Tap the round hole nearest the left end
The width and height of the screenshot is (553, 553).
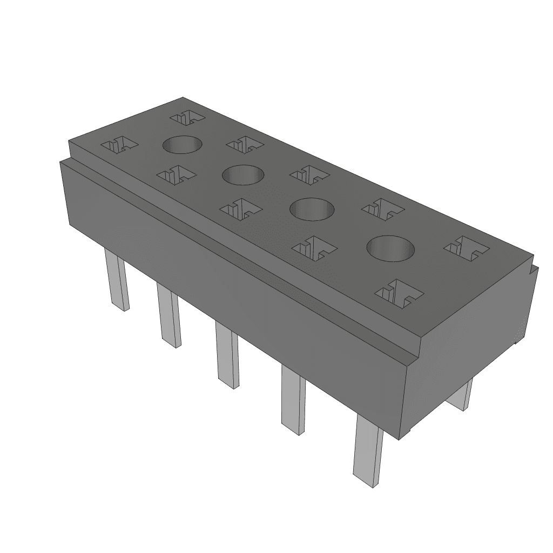182,145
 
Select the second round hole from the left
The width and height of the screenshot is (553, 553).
243,175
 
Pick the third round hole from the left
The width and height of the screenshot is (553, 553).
312,208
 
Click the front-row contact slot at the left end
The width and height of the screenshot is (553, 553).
120,144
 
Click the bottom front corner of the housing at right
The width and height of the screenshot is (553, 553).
399,439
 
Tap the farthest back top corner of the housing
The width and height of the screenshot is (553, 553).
183,98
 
